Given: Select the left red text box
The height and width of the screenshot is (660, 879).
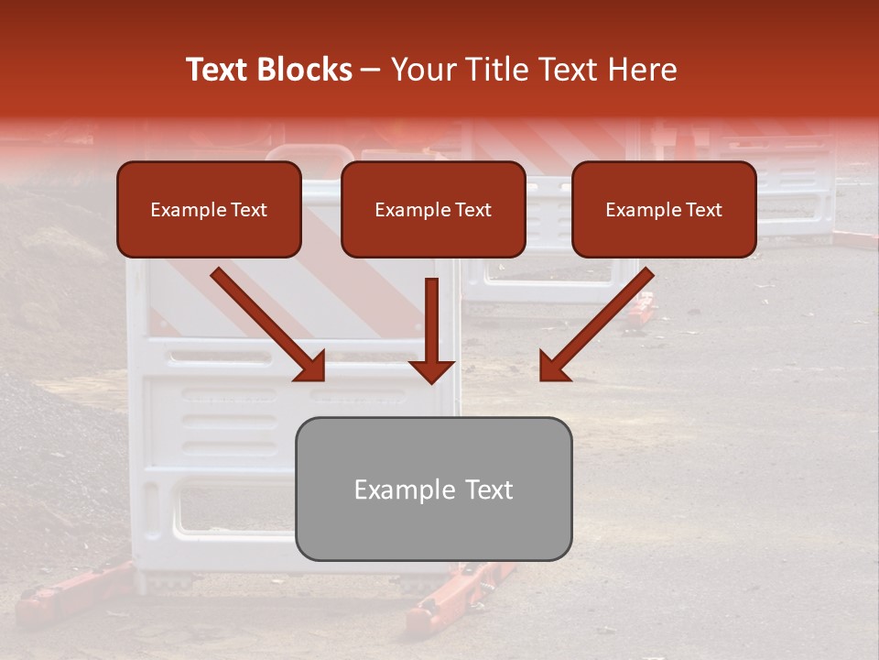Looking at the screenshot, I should click(209, 210).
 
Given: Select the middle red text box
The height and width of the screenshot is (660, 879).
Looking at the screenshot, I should click(433, 210).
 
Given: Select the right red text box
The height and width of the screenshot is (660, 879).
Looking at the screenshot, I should click(664, 210).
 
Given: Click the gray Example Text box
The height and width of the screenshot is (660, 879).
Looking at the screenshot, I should click(433, 489).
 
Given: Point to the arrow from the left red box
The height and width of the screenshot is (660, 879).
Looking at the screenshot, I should click(267, 324).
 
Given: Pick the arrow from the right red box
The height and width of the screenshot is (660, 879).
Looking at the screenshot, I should click(596, 324).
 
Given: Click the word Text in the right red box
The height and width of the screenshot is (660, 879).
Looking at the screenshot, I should click(703, 210).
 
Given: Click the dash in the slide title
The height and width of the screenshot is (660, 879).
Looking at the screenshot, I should click(371, 70).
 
